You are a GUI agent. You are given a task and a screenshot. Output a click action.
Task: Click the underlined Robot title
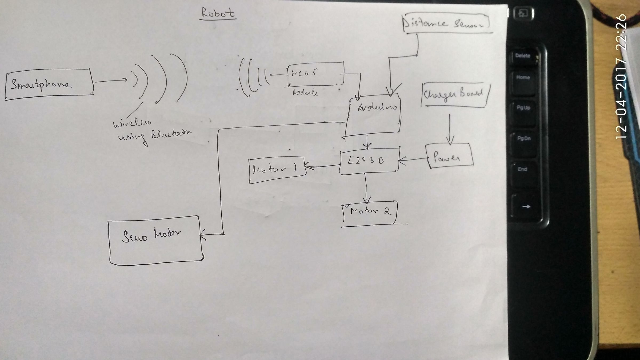click(x=218, y=13)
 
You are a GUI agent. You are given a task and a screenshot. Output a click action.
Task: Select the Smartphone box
click(x=49, y=84)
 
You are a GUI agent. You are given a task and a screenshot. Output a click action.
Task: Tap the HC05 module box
click(x=315, y=74)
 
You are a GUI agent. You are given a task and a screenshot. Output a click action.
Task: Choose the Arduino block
click(x=373, y=116)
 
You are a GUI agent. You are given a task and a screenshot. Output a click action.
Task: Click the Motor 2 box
click(x=370, y=212)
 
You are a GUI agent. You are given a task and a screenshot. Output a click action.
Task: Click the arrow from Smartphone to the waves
click(x=111, y=81)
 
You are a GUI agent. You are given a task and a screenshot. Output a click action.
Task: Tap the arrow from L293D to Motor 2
click(x=366, y=189)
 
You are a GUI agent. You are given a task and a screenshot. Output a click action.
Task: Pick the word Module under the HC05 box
click(x=305, y=93)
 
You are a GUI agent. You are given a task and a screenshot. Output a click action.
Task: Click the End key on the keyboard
click(x=522, y=169)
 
